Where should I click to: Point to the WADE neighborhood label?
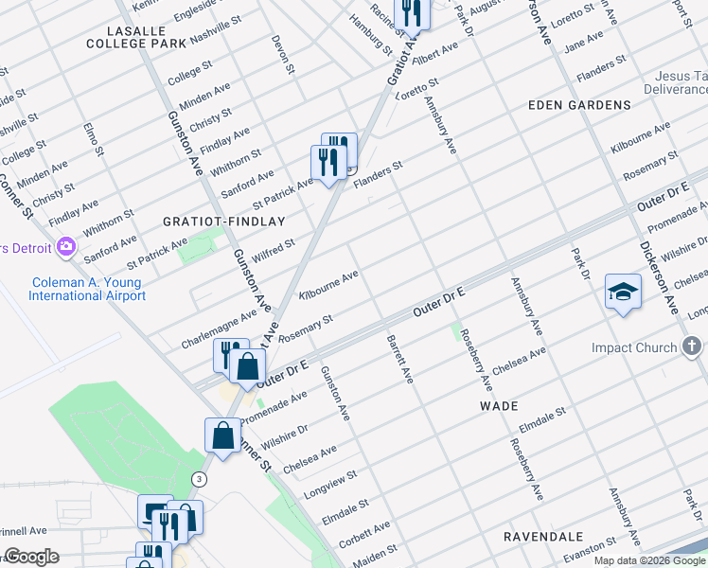pyautogui.click(x=499, y=405)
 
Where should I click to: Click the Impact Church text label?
pyautogui.click(x=634, y=347)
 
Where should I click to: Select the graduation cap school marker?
pyautogui.click(x=624, y=292)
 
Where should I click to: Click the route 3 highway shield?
pyautogui.click(x=199, y=479)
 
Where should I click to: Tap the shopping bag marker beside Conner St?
pyautogui.click(x=222, y=436)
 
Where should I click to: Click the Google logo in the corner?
pyautogui.click(x=31, y=557)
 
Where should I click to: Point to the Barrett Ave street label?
pyautogui.click(x=399, y=358)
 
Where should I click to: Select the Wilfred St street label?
pyautogui.click(x=273, y=252)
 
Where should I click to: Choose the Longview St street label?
pyautogui.click(x=329, y=483)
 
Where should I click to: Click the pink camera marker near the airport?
pyautogui.click(x=66, y=248)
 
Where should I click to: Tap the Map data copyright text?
pyautogui.click(x=649, y=560)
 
